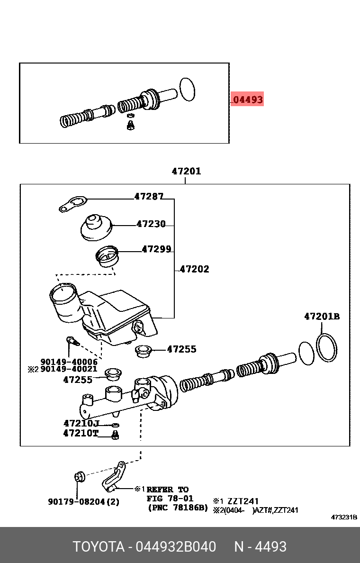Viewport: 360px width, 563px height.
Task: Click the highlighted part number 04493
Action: point(248,100)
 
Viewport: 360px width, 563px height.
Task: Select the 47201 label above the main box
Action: point(186,171)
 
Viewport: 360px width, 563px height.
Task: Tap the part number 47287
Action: point(149,196)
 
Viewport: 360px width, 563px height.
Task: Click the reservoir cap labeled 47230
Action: point(97,227)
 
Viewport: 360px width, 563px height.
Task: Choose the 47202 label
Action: point(194,269)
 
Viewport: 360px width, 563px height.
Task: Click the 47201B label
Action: point(322,317)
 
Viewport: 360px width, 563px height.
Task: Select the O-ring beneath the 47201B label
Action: point(326,347)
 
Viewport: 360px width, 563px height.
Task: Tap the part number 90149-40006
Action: point(69,362)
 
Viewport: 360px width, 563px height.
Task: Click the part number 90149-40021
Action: point(69,369)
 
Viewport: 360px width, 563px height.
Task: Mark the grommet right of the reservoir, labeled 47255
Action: point(143,351)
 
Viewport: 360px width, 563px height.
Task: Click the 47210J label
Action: point(81,423)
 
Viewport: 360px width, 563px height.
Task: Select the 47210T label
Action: point(81,433)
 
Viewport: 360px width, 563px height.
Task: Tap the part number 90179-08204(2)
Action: point(83,501)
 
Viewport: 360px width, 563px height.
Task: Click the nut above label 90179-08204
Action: point(80,475)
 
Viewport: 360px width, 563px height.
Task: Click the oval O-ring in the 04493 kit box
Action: point(187,90)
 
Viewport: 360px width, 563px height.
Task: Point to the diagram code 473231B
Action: point(343,517)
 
